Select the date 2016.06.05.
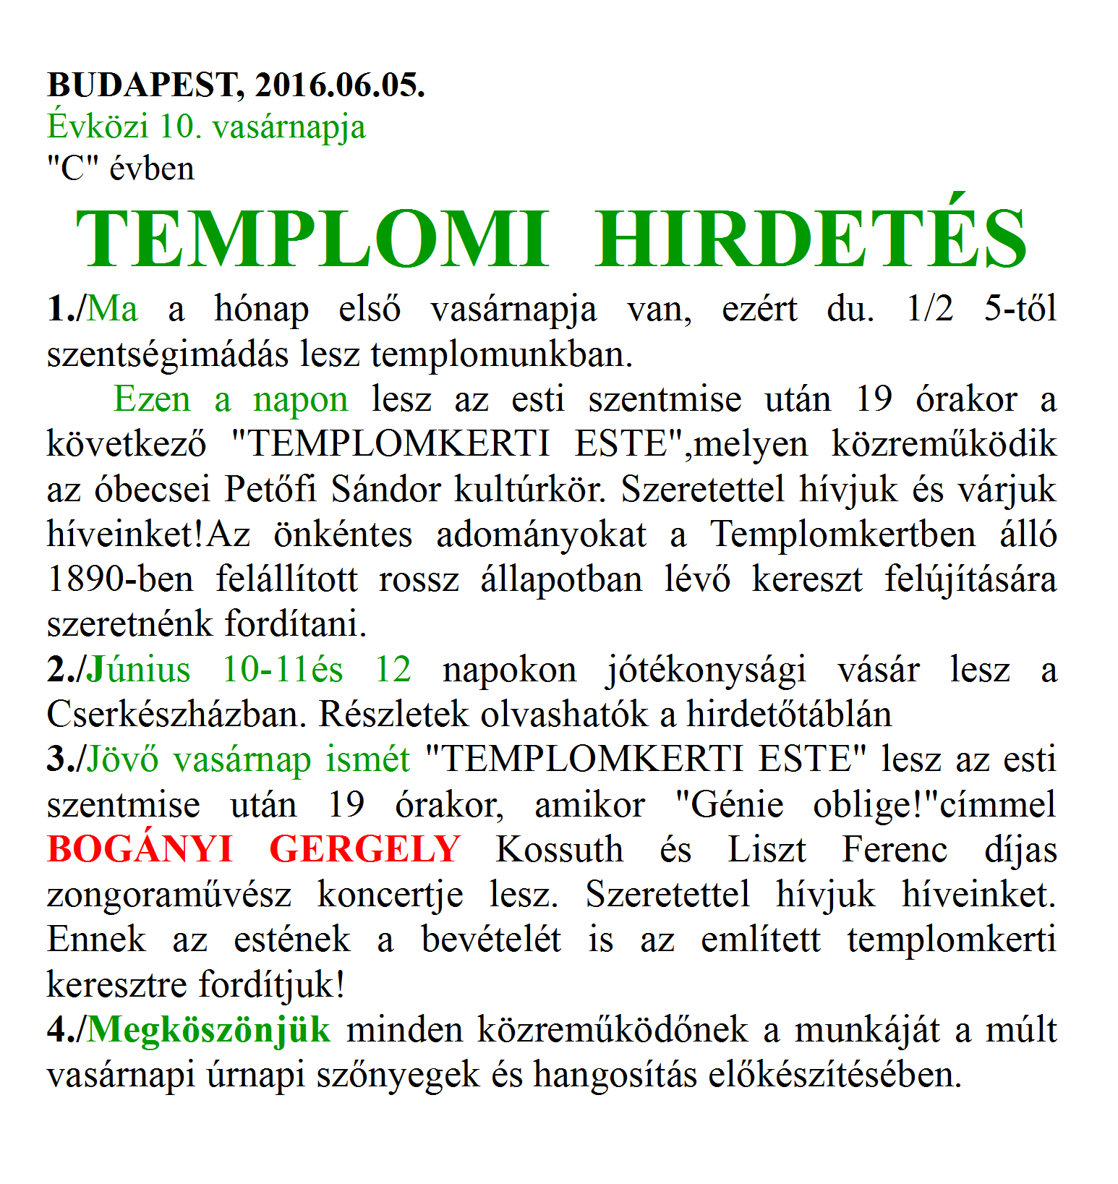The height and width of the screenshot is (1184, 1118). point(340,85)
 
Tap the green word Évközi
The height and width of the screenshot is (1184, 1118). point(98,127)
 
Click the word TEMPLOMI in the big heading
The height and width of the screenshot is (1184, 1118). point(312,239)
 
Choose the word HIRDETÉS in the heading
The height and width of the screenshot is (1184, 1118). point(811,239)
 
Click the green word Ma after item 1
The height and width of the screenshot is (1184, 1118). point(112,309)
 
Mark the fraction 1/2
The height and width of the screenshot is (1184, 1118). point(930,309)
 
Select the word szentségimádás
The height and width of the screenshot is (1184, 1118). point(168,354)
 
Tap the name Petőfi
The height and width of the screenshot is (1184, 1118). point(270,489)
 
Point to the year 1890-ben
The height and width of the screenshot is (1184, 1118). point(120,579)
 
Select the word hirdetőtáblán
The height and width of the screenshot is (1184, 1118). point(789,715)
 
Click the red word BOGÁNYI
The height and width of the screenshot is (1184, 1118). point(140,849)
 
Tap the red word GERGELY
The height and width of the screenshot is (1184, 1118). point(365,849)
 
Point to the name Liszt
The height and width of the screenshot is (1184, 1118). point(767,849)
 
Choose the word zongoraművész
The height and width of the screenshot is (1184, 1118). point(169,895)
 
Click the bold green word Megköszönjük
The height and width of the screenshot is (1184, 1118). point(209,1029)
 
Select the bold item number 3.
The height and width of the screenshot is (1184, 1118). point(57,759)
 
